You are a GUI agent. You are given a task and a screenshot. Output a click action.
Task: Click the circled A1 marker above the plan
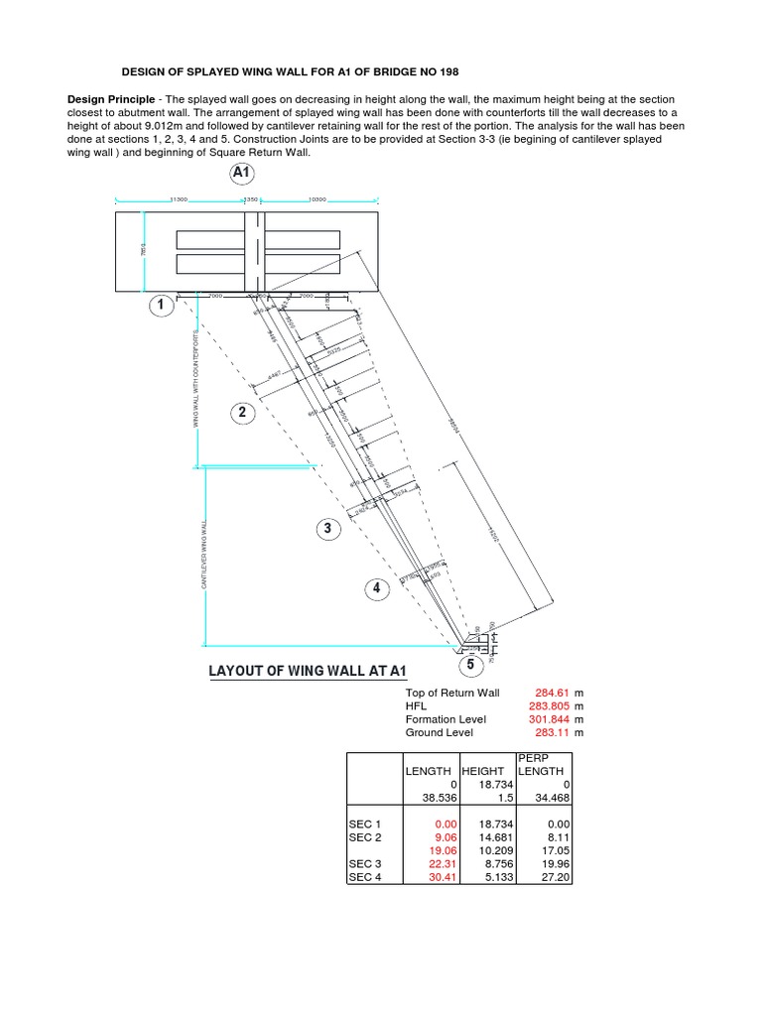(x=242, y=173)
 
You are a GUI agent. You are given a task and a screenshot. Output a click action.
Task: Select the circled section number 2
(x=241, y=412)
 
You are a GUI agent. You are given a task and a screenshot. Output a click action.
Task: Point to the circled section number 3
(x=327, y=529)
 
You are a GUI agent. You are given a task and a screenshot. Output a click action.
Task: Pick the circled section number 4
(x=376, y=589)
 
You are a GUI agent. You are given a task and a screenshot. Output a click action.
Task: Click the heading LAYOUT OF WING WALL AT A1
(x=309, y=672)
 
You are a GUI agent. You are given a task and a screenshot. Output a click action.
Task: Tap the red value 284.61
(x=549, y=693)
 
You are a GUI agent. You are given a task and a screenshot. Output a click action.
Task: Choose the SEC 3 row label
(x=364, y=864)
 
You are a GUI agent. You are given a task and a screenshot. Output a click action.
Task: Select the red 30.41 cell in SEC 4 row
(x=439, y=877)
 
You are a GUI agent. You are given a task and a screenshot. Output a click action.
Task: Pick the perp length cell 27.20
(x=554, y=877)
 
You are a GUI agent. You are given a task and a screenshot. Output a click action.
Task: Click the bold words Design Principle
(x=110, y=100)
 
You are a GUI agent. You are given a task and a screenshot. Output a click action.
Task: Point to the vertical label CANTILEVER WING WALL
(x=204, y=556)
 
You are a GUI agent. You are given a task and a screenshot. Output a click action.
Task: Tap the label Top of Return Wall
(x=452, y=693)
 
